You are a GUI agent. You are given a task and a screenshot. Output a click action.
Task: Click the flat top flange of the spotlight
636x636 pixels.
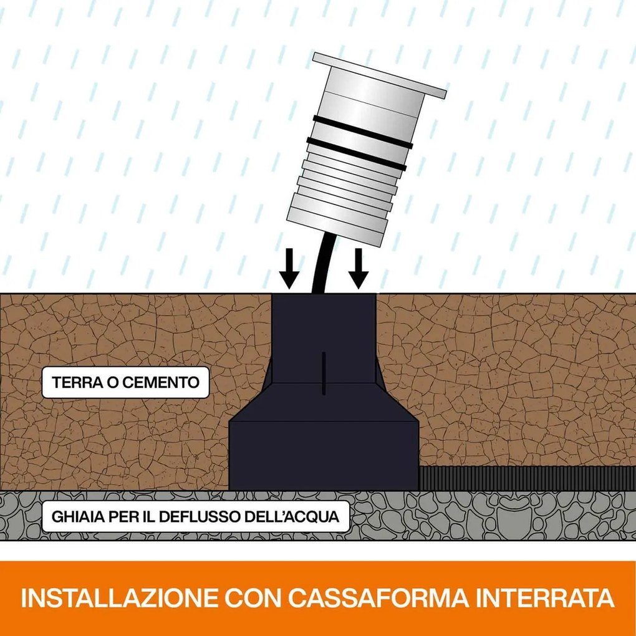pos(380,75)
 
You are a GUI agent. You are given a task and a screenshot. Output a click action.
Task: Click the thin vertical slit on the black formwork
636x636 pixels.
pos(324,373)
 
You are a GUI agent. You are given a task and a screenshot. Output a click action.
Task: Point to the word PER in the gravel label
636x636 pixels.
pos(137,518)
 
